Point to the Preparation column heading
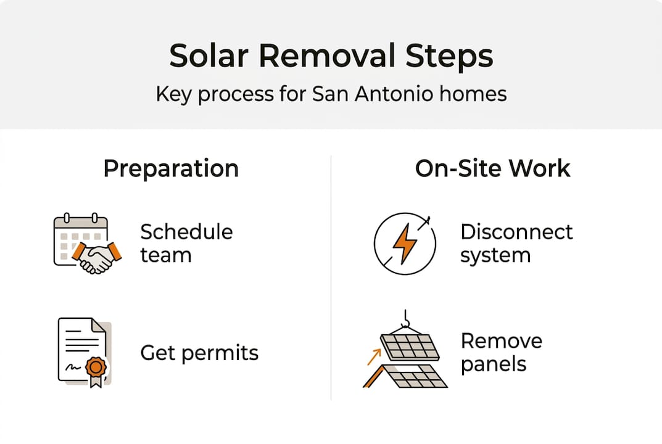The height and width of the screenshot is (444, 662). [x=171, y=168]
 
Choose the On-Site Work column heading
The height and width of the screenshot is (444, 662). [x=492, y=168]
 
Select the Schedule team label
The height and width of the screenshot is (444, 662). [x=186, y=243]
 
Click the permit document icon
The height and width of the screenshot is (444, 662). [x=83, y=352]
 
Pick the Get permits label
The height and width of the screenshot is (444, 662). [x=199, y=353]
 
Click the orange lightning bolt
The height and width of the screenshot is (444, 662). [x=405, y=243]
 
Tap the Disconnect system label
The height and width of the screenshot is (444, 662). [x=516, y=243]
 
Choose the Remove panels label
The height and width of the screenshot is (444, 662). [x=501, y=352]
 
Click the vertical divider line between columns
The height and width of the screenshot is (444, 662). [x=331, y=277]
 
